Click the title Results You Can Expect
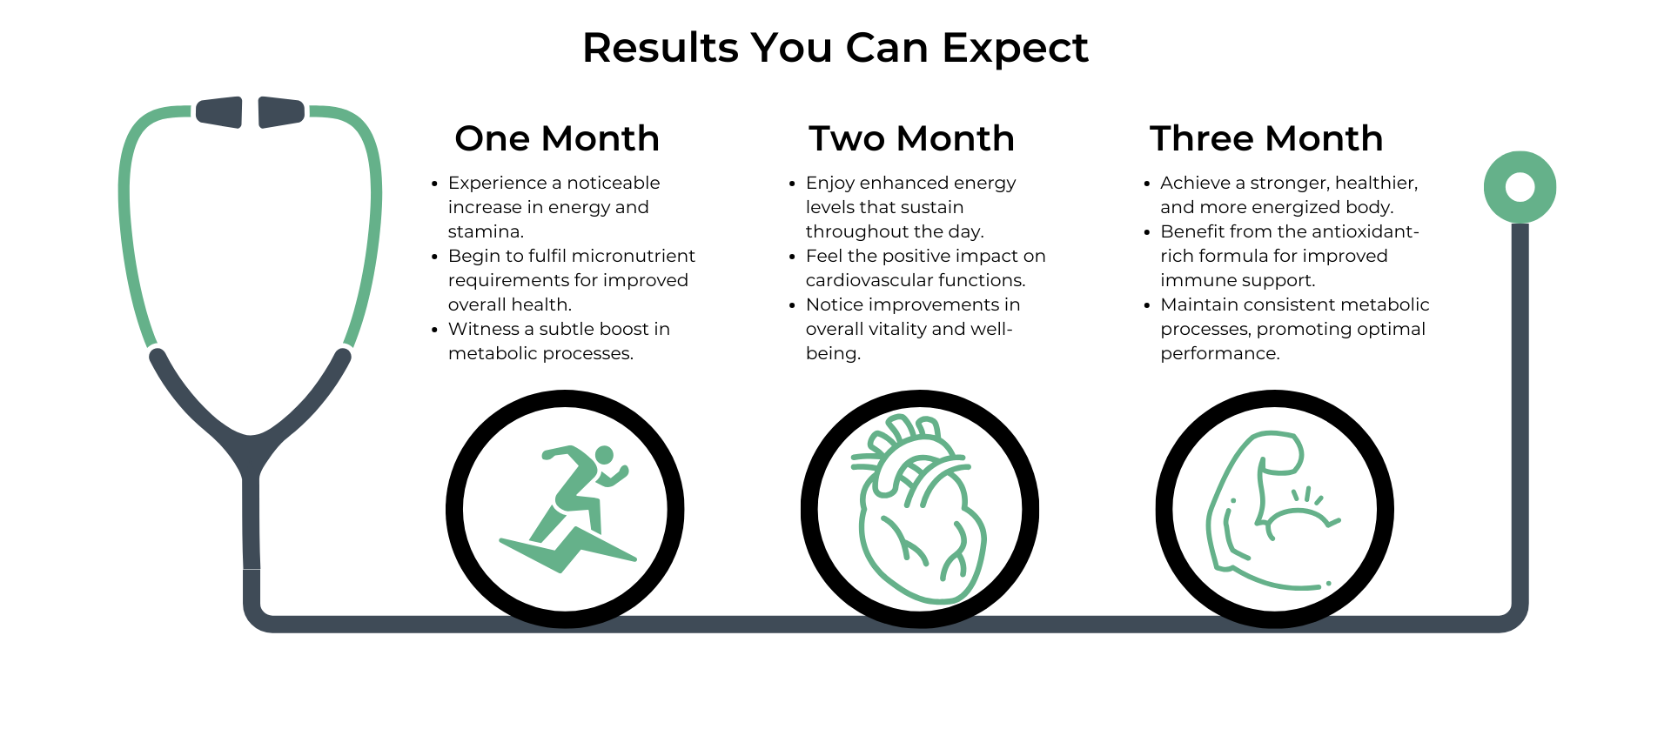click(x=835, y=48)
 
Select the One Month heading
click(x=557, y=138)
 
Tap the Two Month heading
click(x=911, y=138)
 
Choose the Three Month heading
click(x=1266, y=138)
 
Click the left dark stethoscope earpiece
click(x=219, y=112)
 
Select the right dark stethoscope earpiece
click(x=281, y=112)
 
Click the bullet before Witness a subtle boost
click(x=434, y=330)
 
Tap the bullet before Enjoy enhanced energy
click(x=792, y=184)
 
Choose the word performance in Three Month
click(x=1218, y=353)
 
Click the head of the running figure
click(x=604, y=455)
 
